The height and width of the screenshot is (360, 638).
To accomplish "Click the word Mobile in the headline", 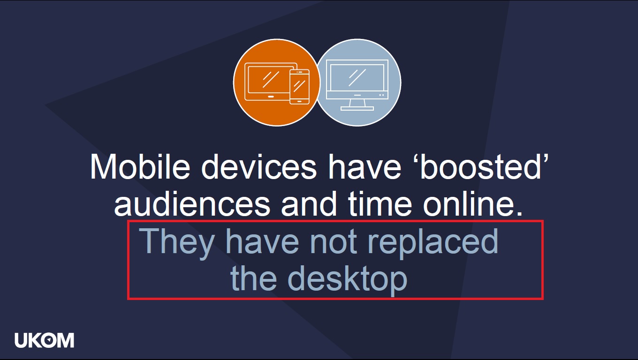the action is tap(140, 166).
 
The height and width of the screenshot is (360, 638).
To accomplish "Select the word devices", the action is tap(259, 166).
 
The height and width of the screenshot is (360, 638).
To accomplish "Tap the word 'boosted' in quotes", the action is tap(484, 166).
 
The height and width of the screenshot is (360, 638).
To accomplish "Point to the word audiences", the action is tap(192, 203).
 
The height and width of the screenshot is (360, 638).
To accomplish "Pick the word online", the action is tap(473, 203).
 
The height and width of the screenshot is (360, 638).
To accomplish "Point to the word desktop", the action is tap(348, 280).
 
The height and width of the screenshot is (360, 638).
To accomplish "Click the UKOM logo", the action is tap(45, 340).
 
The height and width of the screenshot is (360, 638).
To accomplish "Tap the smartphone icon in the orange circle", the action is tap(299, 87).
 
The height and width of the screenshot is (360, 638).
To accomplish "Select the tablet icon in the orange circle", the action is tap(267, 82).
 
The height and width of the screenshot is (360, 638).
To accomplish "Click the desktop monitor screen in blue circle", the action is tap(357, 77).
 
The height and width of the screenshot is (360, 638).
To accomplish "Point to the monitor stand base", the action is tap(357, 108).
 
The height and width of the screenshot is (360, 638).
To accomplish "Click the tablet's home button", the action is tap(271, 97).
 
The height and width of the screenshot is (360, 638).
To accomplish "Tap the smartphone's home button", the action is tap(299, 101).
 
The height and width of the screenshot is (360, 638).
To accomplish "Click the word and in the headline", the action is tap(309, 203).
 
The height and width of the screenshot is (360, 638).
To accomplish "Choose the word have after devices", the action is tap(365, 166).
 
